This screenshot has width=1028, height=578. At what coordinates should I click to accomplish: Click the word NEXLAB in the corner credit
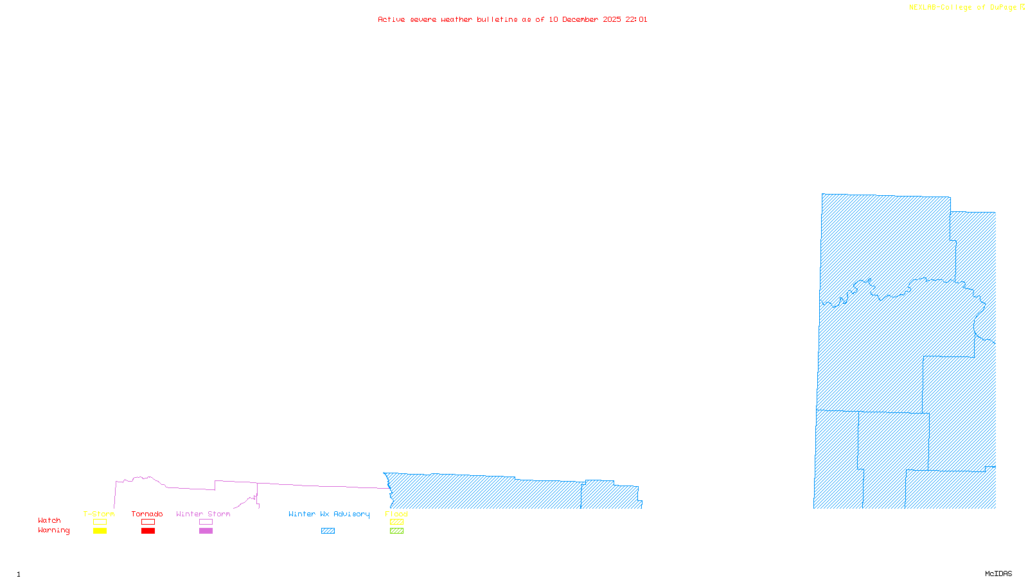tap(923, 8)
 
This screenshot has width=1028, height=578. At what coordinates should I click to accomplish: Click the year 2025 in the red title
tap(612, 20)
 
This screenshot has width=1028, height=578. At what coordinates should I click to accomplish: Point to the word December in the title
tap(580, 20)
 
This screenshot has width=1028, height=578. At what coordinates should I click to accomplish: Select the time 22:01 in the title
tap(636, 20)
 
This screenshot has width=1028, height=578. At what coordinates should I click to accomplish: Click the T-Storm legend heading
tap(99, 514)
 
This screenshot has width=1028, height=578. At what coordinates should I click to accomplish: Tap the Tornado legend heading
tap(147, 514)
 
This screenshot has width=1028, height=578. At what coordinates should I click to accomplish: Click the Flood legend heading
tap(396, 514)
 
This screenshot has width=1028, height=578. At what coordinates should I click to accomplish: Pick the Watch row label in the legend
tap(49, 521)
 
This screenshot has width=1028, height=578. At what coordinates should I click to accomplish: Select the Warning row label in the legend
tap(54, 530)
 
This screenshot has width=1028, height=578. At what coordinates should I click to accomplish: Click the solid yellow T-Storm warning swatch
tap(100, 531)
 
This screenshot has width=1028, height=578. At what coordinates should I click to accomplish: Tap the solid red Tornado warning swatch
tap(148, 531)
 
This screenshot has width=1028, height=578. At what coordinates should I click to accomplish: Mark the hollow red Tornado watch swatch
tap(148, 522)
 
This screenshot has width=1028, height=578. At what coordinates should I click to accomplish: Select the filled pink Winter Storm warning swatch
tap(206, 531)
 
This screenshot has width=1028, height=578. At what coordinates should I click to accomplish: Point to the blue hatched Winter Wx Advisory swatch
tap(328, 531)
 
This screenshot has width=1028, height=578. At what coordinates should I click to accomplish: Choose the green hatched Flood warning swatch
tap(396, 531)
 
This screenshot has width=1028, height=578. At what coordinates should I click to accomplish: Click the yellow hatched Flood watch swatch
tap(396, 522)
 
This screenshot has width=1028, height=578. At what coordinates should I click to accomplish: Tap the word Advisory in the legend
tap(351, 514)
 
